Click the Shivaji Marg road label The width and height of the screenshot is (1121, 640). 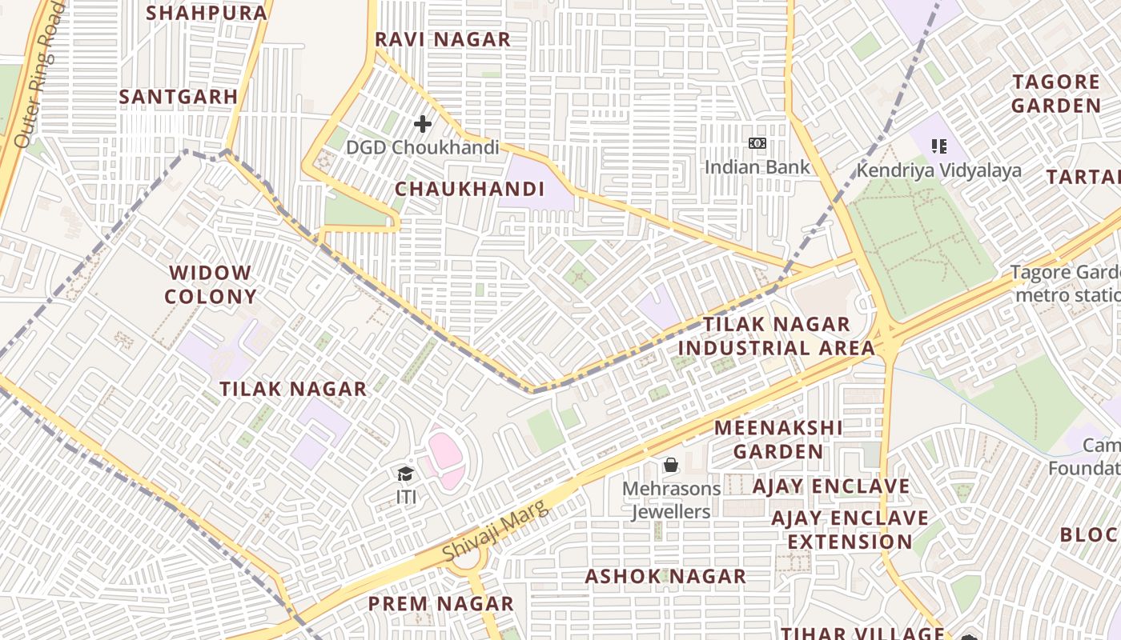pos(496,530)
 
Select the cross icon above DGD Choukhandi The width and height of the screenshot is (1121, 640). pos(423,124)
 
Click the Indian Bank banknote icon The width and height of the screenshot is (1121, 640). pos(757,143)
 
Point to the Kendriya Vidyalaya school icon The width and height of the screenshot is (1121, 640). pos(939,146)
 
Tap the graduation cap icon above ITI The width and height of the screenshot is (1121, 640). pos(406,474)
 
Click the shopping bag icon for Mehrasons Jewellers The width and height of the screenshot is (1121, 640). pos(671,465)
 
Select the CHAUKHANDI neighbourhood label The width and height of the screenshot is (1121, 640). pos(470,190)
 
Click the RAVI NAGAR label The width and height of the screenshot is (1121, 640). pos(443,39)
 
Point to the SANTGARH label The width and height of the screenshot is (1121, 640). pos(179,97)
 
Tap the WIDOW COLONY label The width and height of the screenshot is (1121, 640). pos(211,285)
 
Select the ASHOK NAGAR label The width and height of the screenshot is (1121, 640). pos(665,576)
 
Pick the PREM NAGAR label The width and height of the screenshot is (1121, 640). pos(441,603)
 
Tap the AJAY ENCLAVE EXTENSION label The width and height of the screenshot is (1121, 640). pos(850,530)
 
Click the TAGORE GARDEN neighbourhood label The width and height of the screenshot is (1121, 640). pos(1056,94)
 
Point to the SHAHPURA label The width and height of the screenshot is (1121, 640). pos(207,13)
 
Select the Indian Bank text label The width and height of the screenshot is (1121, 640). pos(757,167)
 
